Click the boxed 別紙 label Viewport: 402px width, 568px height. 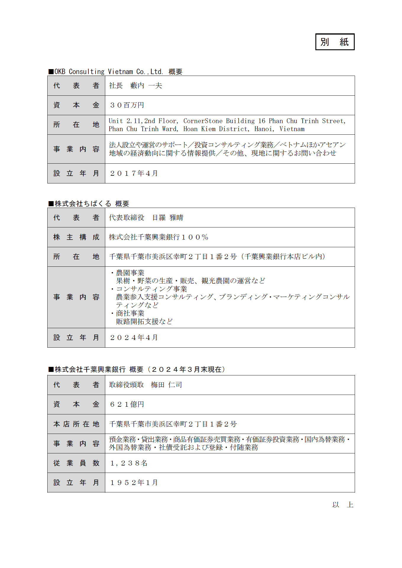tap(335, 42)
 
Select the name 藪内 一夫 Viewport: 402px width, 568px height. tap(146, 86)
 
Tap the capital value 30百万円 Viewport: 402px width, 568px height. tap(127, 105)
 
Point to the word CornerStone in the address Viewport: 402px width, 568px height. tap(203, 121)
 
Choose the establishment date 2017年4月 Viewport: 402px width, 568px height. tap(134, 173)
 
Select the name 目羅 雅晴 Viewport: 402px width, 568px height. tap(168, 218)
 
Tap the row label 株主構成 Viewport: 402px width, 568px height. tap(76, 237)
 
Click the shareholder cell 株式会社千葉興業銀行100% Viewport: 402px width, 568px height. tap(158, 237)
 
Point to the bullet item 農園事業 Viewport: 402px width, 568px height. tap(130, 273)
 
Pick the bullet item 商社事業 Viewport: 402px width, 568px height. tap(130, 313)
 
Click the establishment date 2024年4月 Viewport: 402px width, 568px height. tap(134, 338)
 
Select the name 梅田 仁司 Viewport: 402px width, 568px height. tap(166, 385)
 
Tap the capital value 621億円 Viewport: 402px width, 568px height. tap(127, 404)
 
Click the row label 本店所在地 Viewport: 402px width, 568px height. tap(76, 424)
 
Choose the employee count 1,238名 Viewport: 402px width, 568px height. tap(129, 463)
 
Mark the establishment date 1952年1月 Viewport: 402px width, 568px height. tap(134, 483)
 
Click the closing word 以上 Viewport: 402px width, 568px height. tap(343, 504)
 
